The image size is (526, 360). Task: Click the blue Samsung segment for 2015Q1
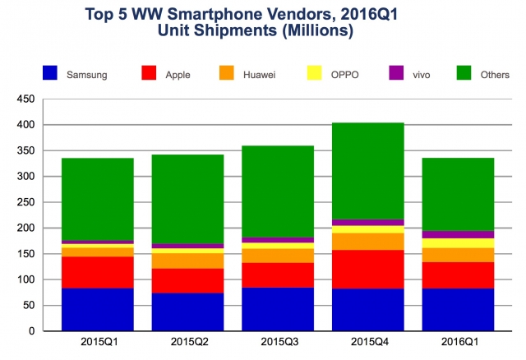click(x=98, y=309)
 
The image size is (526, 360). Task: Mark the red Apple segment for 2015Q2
click(x=188, y=280)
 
